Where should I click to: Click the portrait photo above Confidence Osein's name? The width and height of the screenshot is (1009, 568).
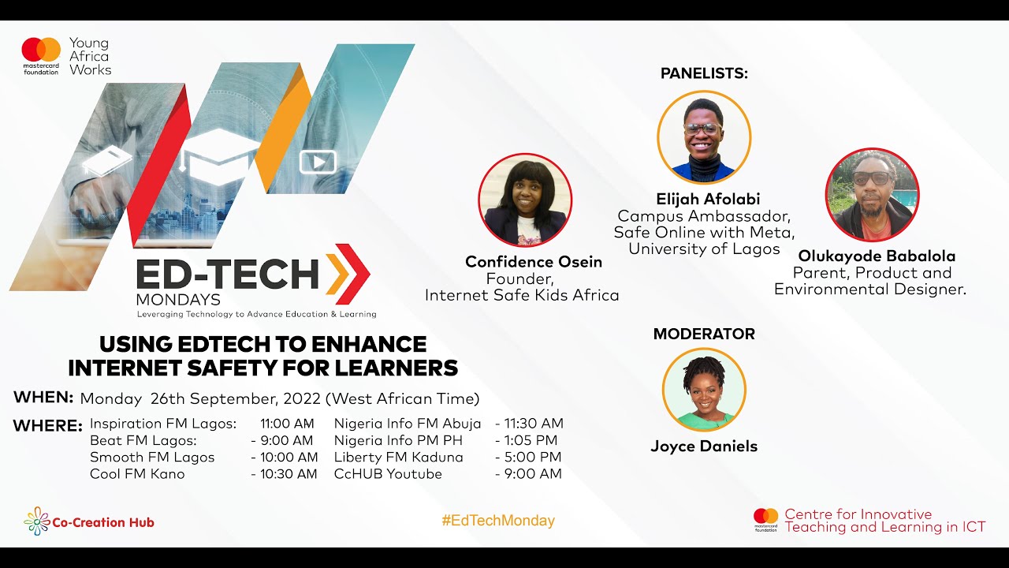point(525,200)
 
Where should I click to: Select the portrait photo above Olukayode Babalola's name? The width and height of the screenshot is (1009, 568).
point(872,195)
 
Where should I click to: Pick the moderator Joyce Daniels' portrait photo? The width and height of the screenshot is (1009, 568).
point(704,390)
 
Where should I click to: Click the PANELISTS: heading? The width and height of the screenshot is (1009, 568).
point(704,73)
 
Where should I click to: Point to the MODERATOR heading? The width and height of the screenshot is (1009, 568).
point(704,334)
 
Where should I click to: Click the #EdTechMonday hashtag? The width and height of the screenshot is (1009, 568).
point(498,521)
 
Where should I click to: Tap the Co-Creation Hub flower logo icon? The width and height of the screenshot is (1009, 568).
point(36,521)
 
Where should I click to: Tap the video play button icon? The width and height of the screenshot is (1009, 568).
point(318,163)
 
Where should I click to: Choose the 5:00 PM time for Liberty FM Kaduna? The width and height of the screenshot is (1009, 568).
point(533,458)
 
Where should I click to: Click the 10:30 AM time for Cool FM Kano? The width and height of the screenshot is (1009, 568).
point(289,474)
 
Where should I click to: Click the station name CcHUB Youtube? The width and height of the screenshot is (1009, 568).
point(388,474)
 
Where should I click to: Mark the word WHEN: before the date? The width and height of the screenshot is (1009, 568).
point(43,397)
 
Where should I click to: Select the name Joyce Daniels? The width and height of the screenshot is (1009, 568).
point(704,447)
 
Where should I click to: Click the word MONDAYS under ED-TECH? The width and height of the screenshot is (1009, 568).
point(178,301)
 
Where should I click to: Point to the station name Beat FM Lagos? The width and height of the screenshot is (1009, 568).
point(143,441)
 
